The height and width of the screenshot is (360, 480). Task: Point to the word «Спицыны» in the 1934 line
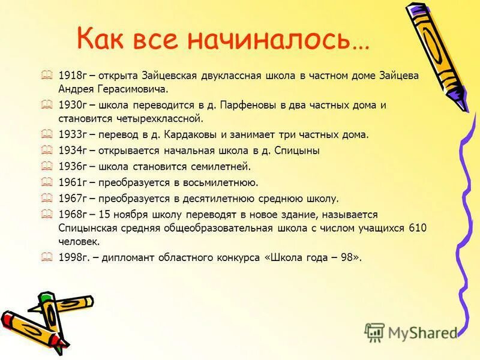tap(298, 151)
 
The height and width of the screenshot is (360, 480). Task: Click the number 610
tap(417, 229)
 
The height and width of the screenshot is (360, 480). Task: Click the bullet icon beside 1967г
tap(47, 198)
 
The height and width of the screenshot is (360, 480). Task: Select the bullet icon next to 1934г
tap(47, 150)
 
